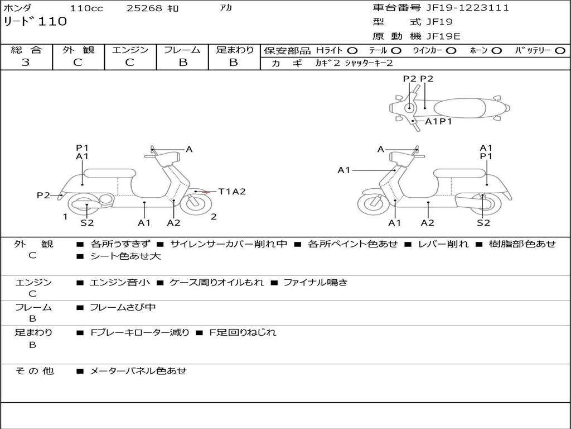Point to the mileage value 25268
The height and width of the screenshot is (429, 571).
coord(144,8)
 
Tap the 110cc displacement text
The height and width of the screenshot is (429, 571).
coord(83,8)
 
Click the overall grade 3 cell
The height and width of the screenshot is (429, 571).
coord(26,63)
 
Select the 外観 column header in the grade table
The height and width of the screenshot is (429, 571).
coord(78,50)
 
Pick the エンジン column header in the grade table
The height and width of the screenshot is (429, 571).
coord(130,50)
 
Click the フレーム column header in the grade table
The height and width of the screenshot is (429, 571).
coord(182,50)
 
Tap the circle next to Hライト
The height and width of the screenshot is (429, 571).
coord(352,51)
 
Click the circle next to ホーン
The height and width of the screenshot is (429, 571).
coord(496,51)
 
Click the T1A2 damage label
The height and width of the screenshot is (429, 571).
coord(231,192)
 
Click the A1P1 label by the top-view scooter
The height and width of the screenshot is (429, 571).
coord(438,121)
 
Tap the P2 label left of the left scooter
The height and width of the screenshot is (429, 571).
coord(43,195)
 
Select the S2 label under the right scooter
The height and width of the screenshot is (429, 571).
coord(483,222)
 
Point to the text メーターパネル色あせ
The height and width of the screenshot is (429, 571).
coord(138,370)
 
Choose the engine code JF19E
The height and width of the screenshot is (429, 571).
coord(443,36)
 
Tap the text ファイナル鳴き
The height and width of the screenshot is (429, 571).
coord(315,282)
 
